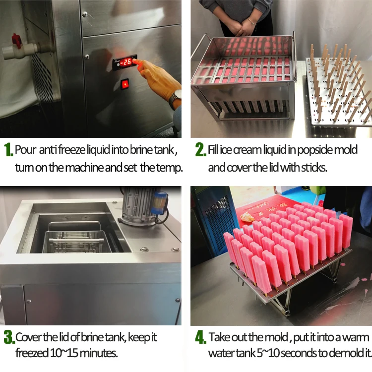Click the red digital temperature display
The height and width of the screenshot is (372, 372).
[x=126, y=62]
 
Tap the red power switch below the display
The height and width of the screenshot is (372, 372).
[x=125, y=84]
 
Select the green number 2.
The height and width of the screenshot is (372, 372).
[x=200, y=150]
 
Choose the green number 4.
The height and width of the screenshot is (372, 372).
[x=200, y=338]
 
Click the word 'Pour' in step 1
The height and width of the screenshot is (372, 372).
[x=25, y=149]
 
